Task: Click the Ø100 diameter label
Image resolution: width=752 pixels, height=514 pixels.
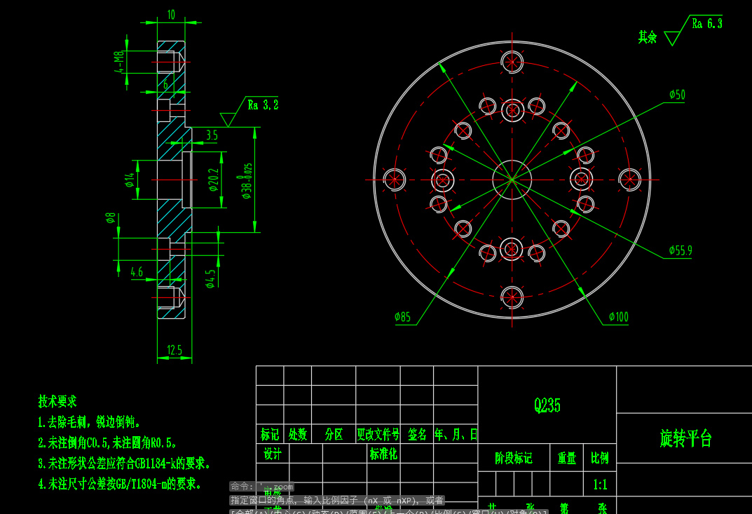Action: point(619,317)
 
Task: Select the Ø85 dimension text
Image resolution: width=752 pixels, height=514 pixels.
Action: point(402,317)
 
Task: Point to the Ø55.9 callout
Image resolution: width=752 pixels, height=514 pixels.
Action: point(680,250)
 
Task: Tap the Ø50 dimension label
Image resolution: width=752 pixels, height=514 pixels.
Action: point(677,95)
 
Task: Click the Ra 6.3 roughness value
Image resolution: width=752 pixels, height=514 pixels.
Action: point(706,23)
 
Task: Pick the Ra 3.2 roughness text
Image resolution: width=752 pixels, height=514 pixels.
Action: point(263,105)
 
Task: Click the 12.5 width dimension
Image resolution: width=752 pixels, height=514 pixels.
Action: point(175,350)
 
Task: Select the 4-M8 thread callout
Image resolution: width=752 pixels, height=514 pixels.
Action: point(119,62)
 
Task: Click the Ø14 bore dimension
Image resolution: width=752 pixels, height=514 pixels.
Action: point(129,180)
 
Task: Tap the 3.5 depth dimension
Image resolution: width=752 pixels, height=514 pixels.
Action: point(211,135)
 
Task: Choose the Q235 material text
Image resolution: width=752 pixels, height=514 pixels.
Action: point(547,405)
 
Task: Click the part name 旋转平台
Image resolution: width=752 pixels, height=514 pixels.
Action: point(686,439)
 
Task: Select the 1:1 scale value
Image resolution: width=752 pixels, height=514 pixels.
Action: point(600,484)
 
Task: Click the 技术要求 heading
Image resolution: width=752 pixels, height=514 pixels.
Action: point(57,402)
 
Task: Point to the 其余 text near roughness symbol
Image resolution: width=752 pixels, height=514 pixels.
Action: point(647,37)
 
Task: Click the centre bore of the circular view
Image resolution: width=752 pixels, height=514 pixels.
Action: point(512,180)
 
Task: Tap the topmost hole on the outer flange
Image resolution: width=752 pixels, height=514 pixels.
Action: point(512,62)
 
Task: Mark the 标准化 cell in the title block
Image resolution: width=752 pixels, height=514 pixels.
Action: point(383,454)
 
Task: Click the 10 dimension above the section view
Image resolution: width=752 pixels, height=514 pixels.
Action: point(171,14)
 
